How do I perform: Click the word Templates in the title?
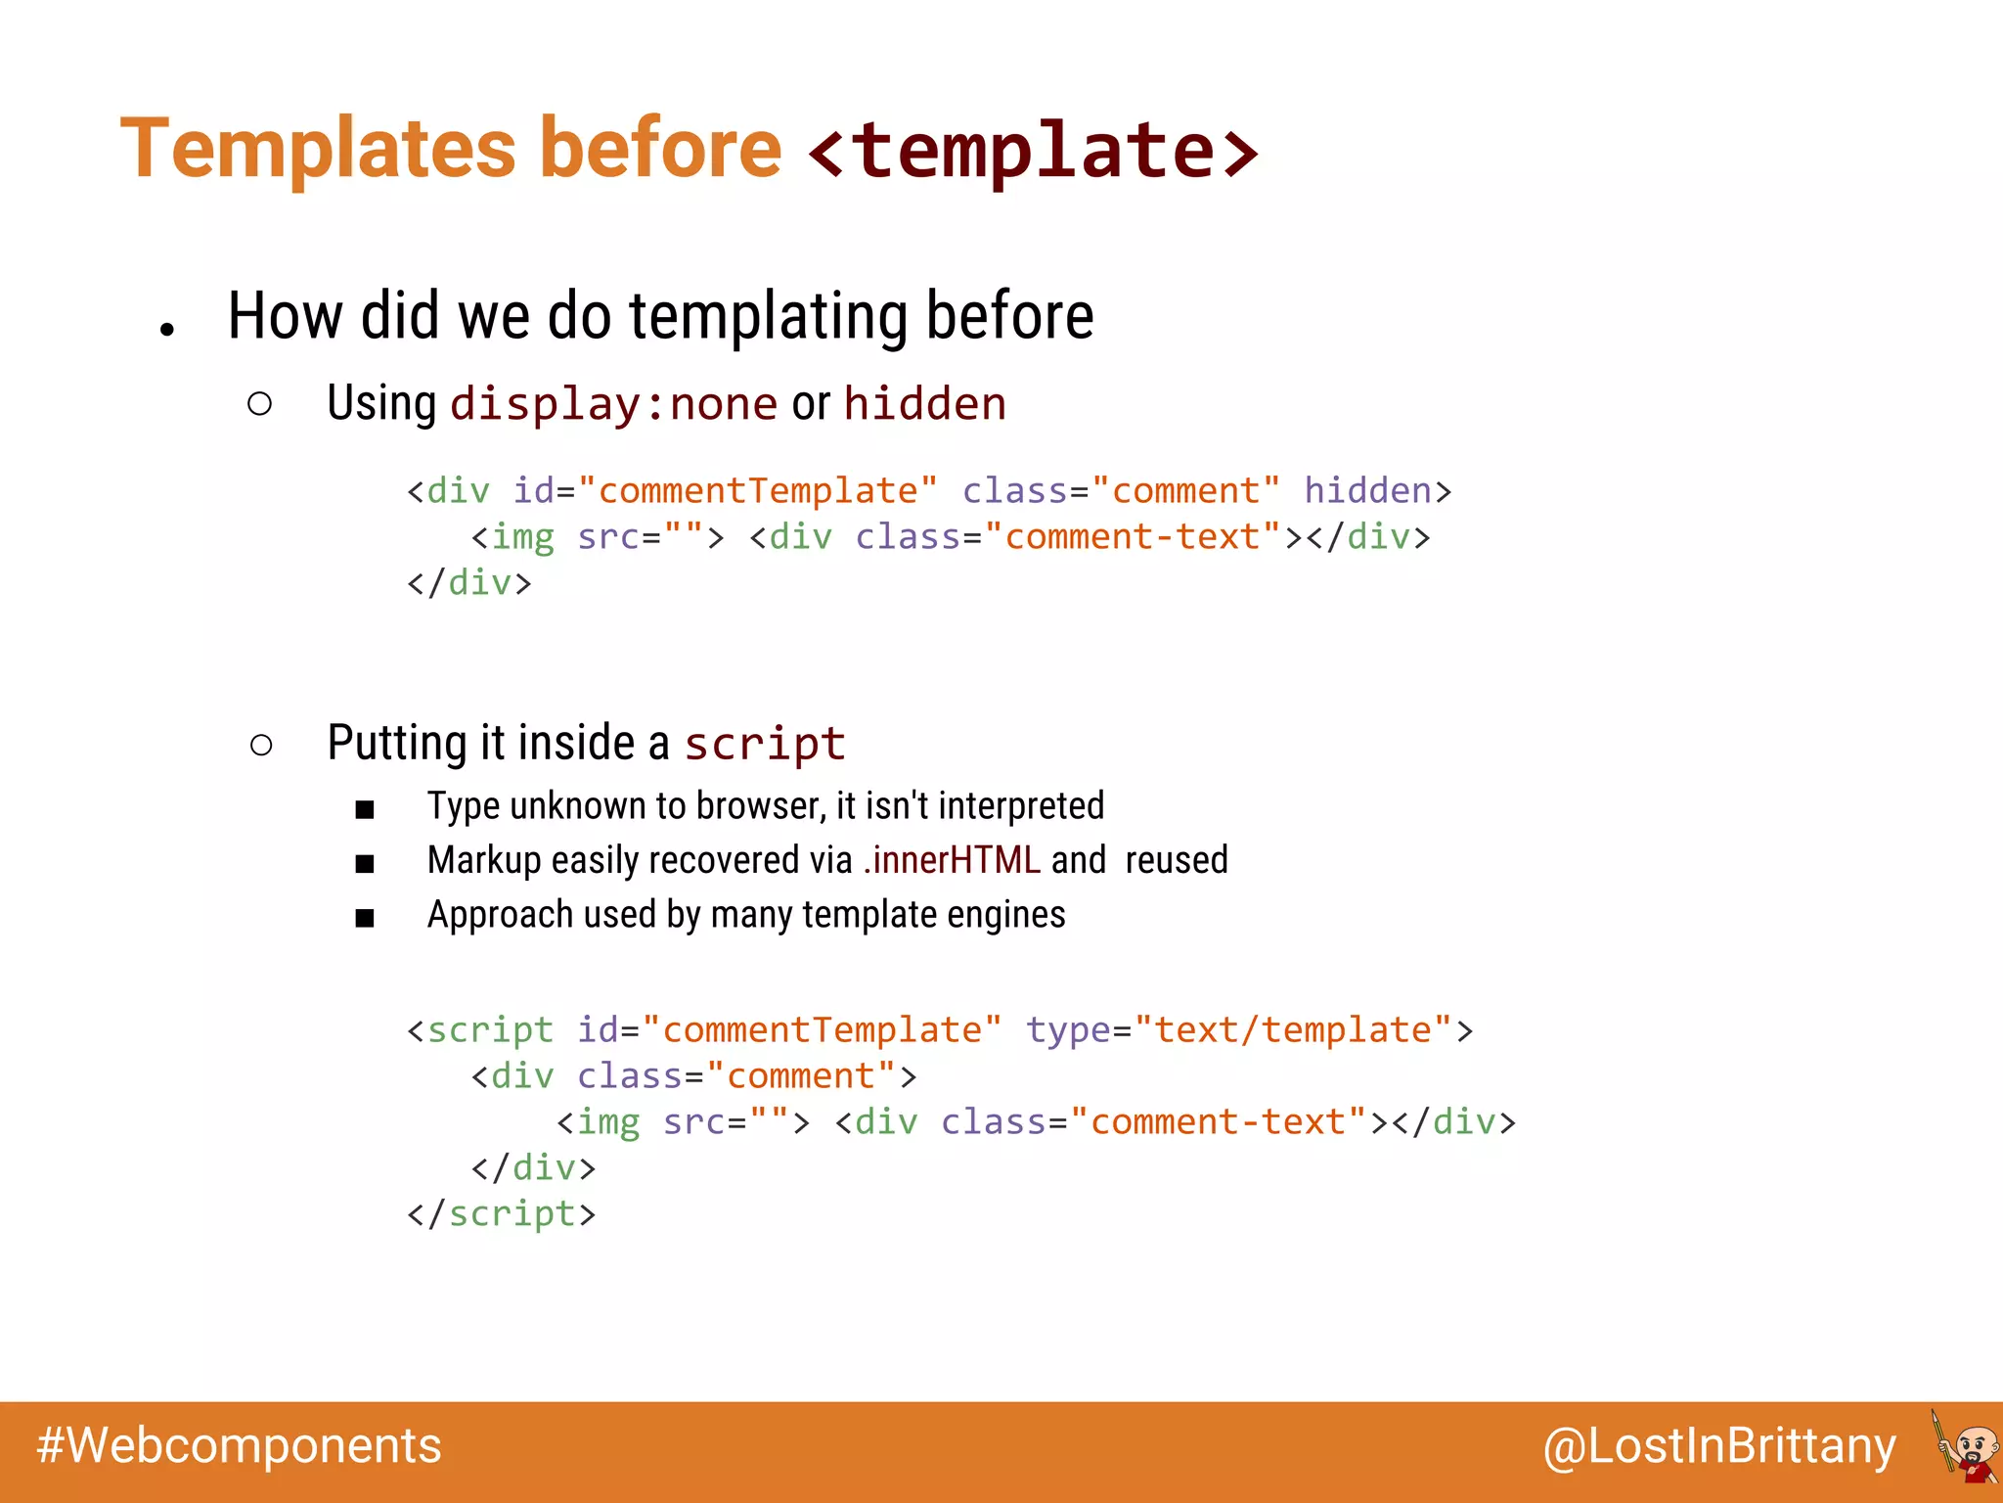(x=318, y=149)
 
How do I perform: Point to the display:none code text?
(x=613, y=404)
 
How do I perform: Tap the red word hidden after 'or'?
(x=924, y=404)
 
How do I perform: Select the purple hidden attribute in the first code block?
(x=1367, y=490)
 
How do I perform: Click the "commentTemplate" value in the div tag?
(x=758, y=490)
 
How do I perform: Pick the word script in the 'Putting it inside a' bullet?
(x=764, y=744)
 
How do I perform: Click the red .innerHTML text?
(x=952, y=860)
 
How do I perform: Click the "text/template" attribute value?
(x=1293, y=1029)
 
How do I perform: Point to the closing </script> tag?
(x=501, y=1213)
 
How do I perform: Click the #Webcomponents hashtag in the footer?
(x=239, y=1446)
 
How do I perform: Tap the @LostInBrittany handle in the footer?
(x=1719, y=1446)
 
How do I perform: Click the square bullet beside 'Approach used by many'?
(x=365, y=918)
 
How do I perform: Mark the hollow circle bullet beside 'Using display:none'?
(x=259, y=404)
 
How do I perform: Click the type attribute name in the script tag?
(x=1067, y=1029)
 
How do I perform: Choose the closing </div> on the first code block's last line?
(x=469, y=583)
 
